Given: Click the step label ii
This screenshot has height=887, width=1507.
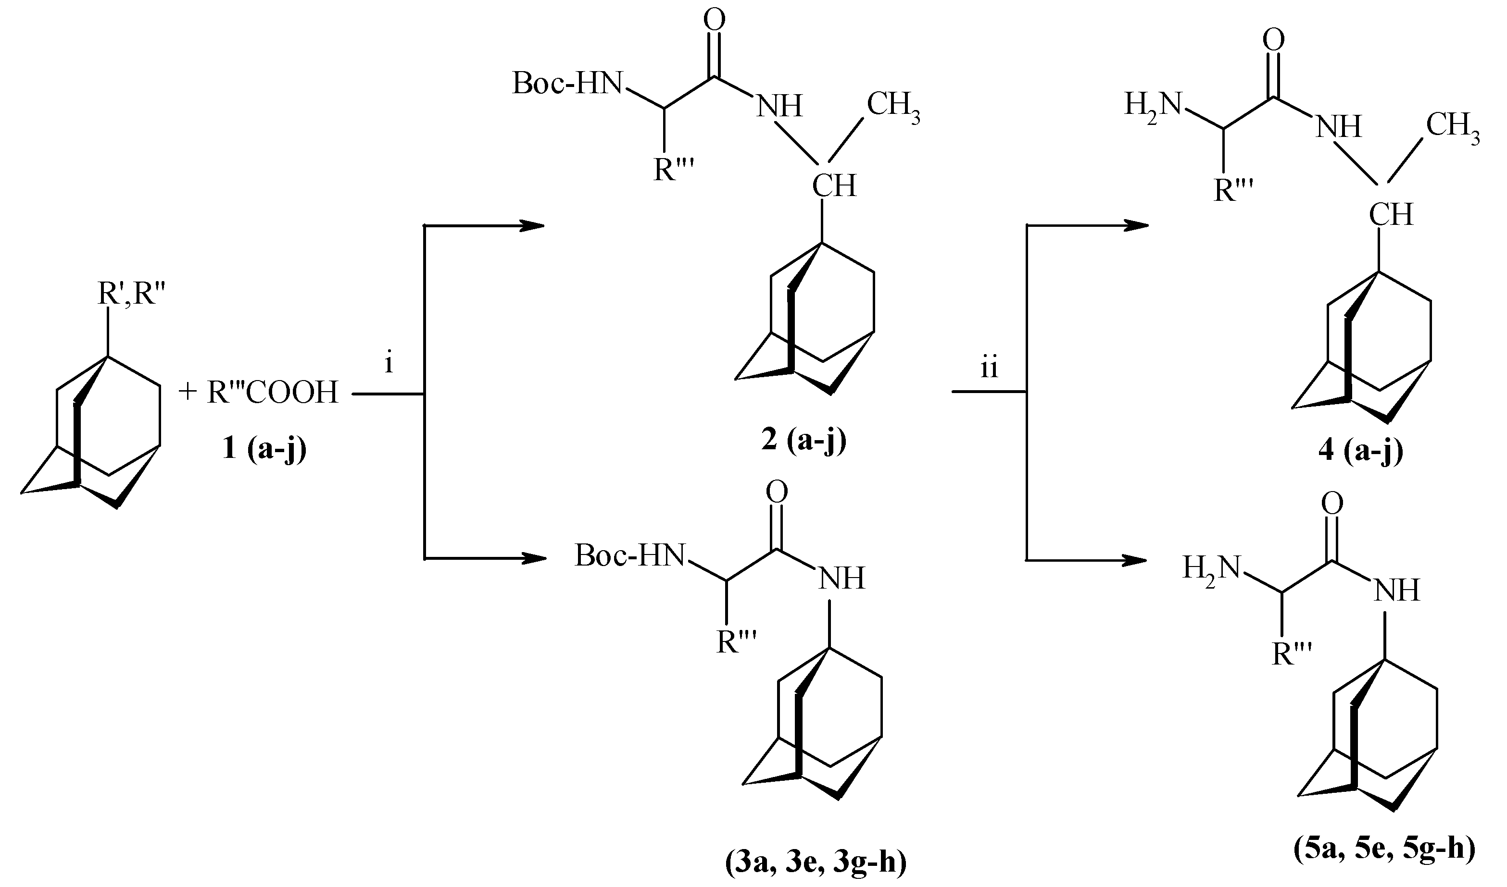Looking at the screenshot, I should coord(989,368).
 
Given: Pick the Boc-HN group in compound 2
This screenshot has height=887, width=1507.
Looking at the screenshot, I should coord(568,84).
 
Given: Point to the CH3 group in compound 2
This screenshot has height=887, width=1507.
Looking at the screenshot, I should coord(893,105).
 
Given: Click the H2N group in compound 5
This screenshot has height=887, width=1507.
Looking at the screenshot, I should coord(1211,568).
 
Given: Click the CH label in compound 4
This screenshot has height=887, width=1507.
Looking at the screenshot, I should coord(1391,215).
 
